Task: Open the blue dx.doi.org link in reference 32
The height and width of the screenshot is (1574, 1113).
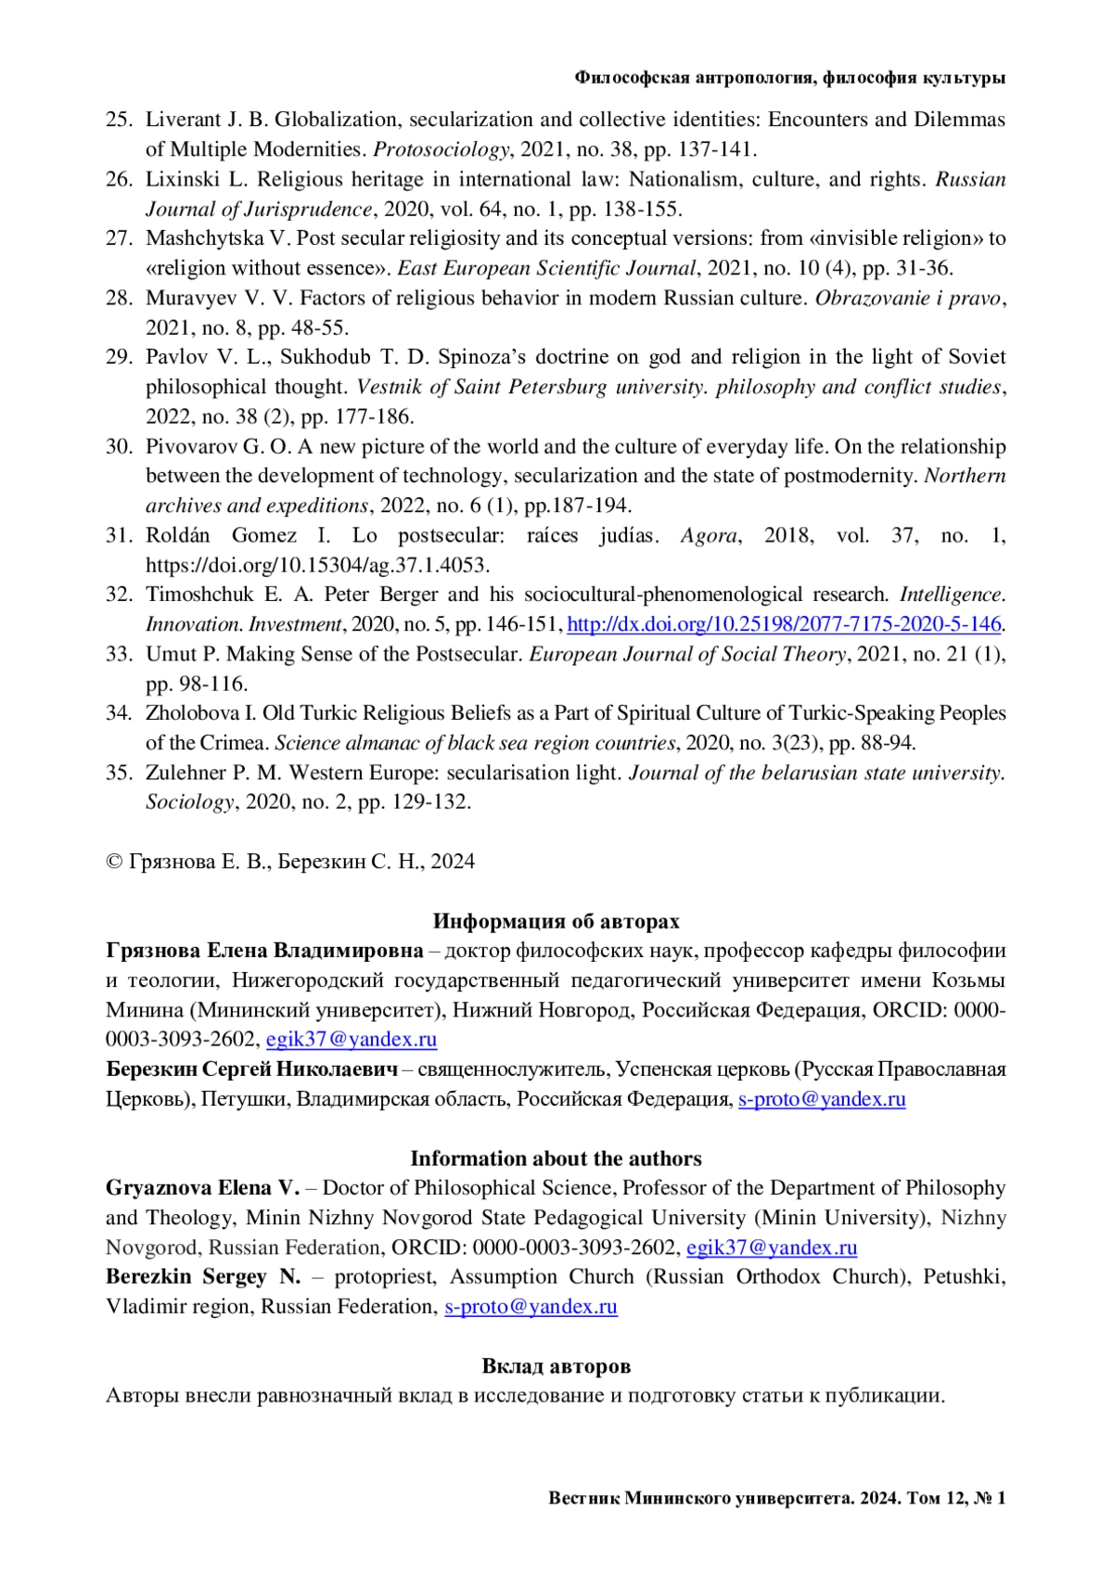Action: pyautogui.click(x=784, y=624)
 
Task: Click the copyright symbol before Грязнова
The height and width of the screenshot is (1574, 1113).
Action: pyautogui.click(x=114, y=862)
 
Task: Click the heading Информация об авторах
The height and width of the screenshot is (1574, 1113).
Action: pyautogui.click(x=556, y=921)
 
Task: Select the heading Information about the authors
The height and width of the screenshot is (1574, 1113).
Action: pyautogui.click(x=556, y=1158)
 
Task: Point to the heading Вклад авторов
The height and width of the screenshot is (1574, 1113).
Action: pyautogui.click(x=556, y=1366)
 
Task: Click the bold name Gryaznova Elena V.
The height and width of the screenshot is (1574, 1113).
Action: pyautogui.click(x=203, y=1188)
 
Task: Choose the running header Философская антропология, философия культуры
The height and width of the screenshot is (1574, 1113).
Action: pyautogui.click(x=789, y=79)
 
